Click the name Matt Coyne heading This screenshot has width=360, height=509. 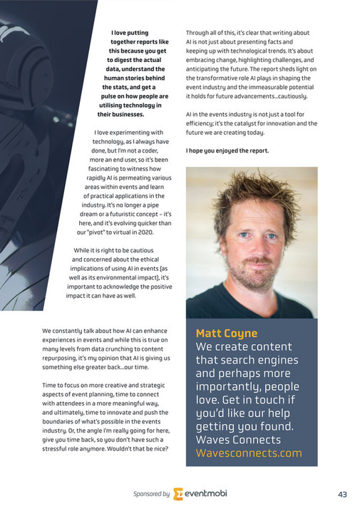point(227,333)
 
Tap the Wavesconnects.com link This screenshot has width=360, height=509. point(248,453)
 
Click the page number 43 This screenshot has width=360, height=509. point(342,493)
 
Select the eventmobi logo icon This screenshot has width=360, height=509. point(179,493)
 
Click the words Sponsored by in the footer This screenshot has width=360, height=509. point(151,493)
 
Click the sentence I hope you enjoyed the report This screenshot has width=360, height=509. point(227,151)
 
